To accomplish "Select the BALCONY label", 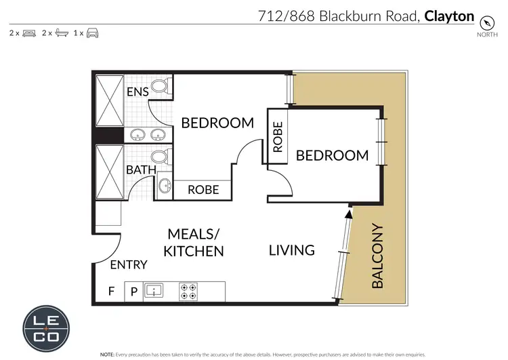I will pyautogui.click(x=377, y=256).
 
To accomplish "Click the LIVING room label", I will pyautogui.click(x=292, y=249).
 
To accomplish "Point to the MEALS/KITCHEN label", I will pyautogui.click(x=194, y=243).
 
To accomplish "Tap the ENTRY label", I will pyautogui.click(x=128, y=264).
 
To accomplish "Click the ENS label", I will pyautogui.click(x=137, y=91).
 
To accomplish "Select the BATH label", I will pyautogui.click(x=141, y=169).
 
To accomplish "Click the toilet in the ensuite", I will pyautogui.click(x=160, y=86).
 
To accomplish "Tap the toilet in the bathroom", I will pyautogui.click(x=160, y=157).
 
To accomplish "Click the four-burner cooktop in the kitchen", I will pyautogui.click(x=188, y=292).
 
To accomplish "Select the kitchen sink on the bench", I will pyautogui.click(x=154, y=292).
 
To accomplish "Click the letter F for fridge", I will pyautogui.click(x=111, y=292).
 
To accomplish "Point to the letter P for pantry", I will pyautogui.click(x=133, y=292).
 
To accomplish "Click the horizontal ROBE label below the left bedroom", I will pyautogui.click(x=203, y=190).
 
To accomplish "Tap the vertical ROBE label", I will pyautogui.click(x=277, y=136).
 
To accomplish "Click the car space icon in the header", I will pyautogui.click(x=93, y=33).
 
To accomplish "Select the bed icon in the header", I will pyautogui.click(x=28, y=33).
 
